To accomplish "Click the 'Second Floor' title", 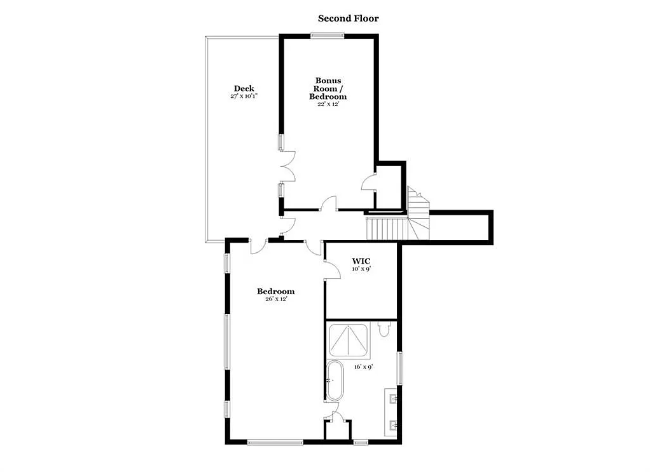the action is [x=349, y=18].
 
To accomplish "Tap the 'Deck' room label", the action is [x=244, y=88].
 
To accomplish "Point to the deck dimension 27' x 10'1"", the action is [x=244, y=96].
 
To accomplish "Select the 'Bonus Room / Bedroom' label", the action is [x=328, y=88].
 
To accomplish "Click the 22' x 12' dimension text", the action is [x=328, y=104].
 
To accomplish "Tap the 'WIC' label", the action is [x=361, y=261].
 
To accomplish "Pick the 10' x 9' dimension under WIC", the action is [x=361, y=269].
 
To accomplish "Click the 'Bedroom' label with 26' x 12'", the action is [x=275, y=291].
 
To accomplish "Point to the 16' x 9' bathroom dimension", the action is [x=364, y=367].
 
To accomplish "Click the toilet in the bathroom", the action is [x=384, y=329].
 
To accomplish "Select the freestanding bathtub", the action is [x=335, y=381].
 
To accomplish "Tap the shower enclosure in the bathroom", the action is [x=349, y=341].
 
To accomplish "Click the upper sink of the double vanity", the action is [x=392, y=399].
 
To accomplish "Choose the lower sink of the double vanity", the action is [x=392, y=425].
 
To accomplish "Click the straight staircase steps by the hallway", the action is [x=385, y=229].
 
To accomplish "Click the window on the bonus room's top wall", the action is [x=328, y=35].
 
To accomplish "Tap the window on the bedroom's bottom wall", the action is [x=275, y=442].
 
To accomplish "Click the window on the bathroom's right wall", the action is [x=399, y=368].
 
